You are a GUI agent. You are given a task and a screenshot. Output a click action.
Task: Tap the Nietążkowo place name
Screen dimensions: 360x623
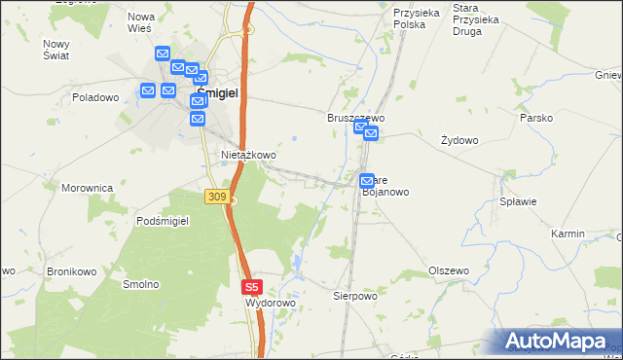pyautogui.click(x=249, y=155)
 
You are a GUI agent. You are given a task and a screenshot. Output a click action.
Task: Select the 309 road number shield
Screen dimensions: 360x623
pyautogui.click(x=217, y=197)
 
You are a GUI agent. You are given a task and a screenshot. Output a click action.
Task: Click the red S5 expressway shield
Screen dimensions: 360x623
pyautogui.click(x=252, y=287)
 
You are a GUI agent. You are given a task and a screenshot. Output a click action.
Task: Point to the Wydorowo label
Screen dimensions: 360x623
pyautogui.click(x=270, y=304)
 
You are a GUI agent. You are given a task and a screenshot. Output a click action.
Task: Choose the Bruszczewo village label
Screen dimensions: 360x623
pyautogui.click(x=355, y=118)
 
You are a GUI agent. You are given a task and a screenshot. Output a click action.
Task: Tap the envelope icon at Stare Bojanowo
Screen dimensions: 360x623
pyautogui.click(x=367, y=181)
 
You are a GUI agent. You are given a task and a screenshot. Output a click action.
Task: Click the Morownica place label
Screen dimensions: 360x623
pyautogui.click(x=88, y=188)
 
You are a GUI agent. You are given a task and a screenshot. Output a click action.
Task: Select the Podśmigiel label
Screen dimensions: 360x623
pyautogui.click(x=163, y=221)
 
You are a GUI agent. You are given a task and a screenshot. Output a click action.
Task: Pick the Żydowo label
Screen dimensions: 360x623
pyautogui.click(x=459, y=140)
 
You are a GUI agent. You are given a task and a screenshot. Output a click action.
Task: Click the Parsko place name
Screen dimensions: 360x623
pyautogui.click(x=536, y=118)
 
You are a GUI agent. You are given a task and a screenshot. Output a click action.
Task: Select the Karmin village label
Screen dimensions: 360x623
pyautogui.click(x=568, y=234)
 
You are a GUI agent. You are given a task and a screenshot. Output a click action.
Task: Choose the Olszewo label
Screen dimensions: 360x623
pyautogui.click(x=449, y=270)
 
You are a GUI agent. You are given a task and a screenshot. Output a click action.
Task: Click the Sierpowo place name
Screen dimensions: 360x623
pyautogui.click(x=354, y=295)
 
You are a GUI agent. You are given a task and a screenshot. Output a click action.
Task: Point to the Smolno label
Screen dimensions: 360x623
pyautogui.click(x=140, y=284)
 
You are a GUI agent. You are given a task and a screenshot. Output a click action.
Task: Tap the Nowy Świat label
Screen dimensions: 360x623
pyautogui.click(x=55, y=50)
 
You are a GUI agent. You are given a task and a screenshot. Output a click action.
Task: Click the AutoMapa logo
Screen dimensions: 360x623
pyautogui.click(x=556, y=342)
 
